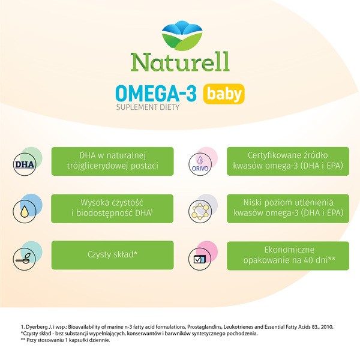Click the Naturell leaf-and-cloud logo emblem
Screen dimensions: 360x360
click(x=180, y=35)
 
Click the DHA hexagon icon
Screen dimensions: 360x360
click(x=25, y=163)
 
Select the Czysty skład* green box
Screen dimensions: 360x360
click(x=113, y=254)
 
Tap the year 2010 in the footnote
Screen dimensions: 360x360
click(x=341, y=327)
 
